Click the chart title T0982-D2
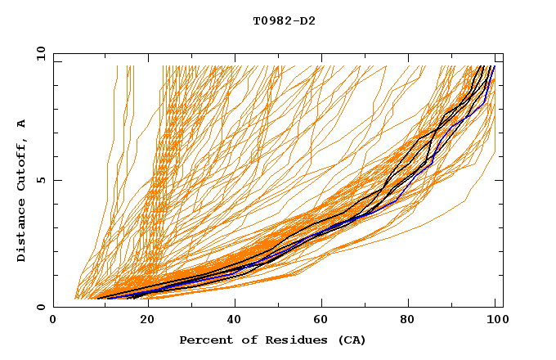coord(284,20)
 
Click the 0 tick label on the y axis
coord(41,308)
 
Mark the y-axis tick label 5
coord(41,180)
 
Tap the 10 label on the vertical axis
coord(38,53)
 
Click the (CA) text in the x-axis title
coord(352,340)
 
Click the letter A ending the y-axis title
coord(21,124)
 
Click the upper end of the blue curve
coord(494,66)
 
